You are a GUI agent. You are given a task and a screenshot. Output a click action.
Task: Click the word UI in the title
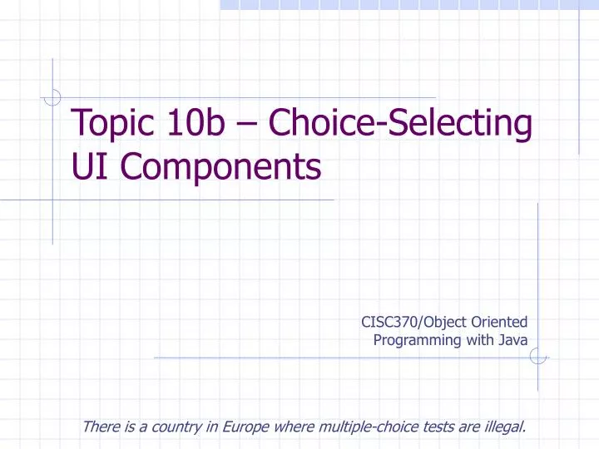[87, 168]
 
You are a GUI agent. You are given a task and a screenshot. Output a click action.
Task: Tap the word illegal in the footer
[504, 428]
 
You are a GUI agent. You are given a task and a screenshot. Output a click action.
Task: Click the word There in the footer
[100, 428]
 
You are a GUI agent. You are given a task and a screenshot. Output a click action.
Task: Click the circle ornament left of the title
[52, 97]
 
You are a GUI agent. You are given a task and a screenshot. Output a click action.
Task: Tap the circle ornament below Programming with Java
[538, 358]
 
